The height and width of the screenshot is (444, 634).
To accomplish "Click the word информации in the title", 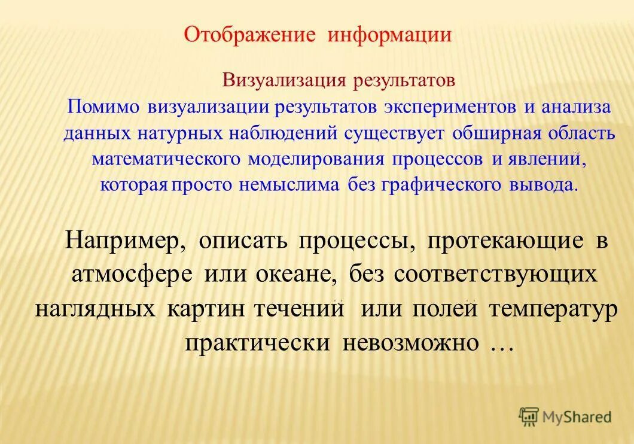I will tap(389, 35).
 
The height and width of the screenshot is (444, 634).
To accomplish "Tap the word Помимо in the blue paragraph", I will tap(103, 108).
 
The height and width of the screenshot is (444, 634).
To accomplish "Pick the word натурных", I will tap(181, 133).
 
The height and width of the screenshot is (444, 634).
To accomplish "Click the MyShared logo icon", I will tap(529, 416).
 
